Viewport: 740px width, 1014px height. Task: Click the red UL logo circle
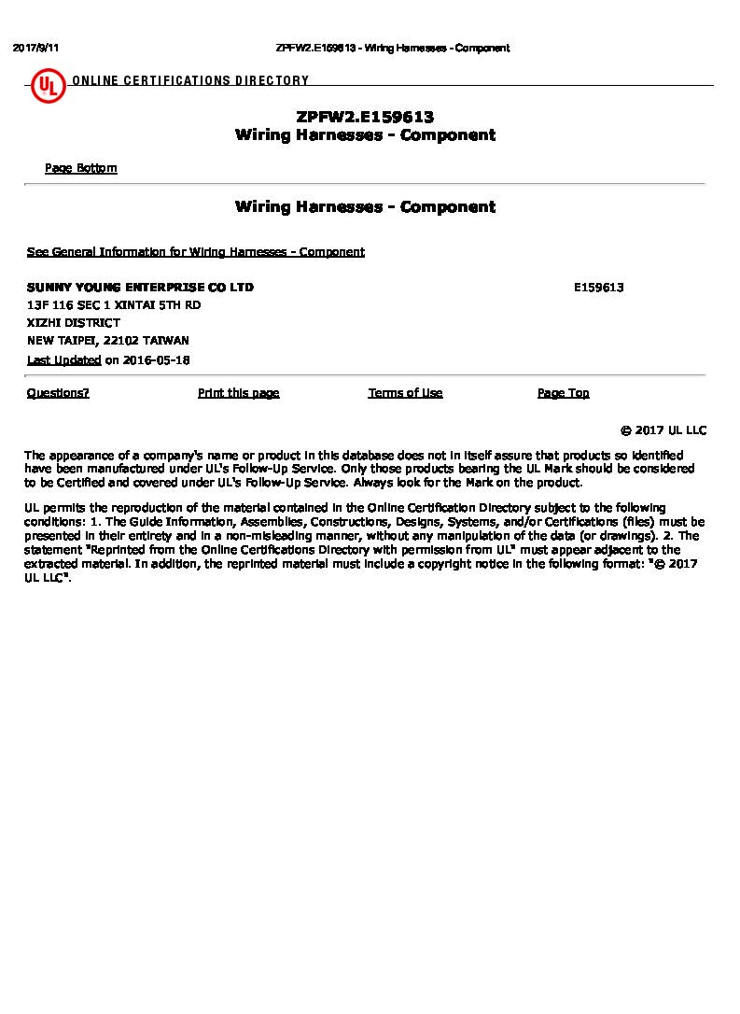tap(48, 88)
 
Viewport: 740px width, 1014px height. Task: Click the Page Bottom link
tap(81, 168)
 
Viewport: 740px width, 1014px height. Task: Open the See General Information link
tap(195, 252)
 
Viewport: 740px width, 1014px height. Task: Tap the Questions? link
tap(58, 393)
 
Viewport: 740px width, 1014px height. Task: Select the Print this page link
tap(238, 393)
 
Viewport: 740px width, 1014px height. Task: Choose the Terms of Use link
tap(405, 393)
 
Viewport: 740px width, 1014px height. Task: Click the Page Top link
tap(563, 393)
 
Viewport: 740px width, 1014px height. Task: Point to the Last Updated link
tap(63, 360)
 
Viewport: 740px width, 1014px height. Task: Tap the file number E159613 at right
tap(598, 288)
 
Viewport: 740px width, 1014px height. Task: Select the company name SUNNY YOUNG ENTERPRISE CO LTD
tap(140, 288)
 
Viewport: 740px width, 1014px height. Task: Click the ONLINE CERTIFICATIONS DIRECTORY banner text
tap(190, 81)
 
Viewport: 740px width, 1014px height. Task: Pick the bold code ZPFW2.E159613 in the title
tap(365, 118)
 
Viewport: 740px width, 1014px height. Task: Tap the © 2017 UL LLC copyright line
tap(663, 430)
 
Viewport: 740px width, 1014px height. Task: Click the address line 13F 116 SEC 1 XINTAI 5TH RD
tap(114, 305)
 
